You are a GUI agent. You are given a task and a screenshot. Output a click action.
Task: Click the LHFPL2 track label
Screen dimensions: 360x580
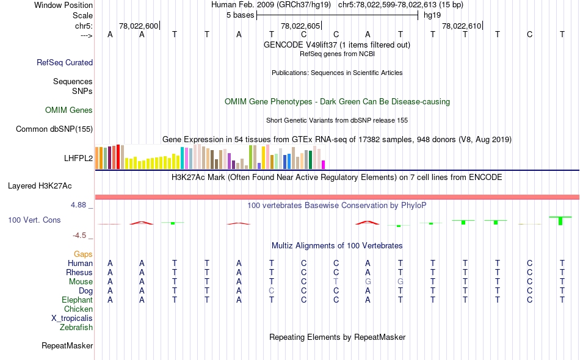click(78, 158)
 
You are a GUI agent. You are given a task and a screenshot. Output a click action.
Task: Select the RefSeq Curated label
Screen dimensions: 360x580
click(65, 62)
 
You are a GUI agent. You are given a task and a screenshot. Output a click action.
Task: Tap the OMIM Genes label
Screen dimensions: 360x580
click(69, 110)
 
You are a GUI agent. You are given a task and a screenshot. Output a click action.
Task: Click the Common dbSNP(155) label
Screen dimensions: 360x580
click(54, 129)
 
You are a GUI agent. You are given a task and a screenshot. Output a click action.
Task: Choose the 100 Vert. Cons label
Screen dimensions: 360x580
click(34, 220)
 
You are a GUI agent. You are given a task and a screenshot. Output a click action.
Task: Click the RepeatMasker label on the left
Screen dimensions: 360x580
click(67, 346)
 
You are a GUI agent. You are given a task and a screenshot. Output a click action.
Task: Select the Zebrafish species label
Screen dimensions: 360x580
click(76, 328)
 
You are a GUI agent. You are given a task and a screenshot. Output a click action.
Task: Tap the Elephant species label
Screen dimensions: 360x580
click(77, 300)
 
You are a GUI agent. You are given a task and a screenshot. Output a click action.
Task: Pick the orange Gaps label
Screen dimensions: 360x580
click(83, 254)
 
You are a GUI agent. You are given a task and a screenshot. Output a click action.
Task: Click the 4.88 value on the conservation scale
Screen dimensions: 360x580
click(79, 205)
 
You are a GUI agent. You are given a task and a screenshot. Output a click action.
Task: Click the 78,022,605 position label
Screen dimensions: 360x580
click(300, 26)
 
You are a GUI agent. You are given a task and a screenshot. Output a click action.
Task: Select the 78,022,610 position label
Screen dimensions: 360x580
click(462, 26)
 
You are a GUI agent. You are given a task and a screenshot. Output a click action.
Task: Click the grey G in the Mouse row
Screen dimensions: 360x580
click(368, 282)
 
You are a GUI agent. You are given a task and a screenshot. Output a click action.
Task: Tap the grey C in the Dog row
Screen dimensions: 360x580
click(271, 291)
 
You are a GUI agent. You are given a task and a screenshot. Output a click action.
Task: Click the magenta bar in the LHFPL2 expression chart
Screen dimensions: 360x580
click(324, 165)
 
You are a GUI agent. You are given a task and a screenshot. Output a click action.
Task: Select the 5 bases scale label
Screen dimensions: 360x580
click(239, 15)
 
